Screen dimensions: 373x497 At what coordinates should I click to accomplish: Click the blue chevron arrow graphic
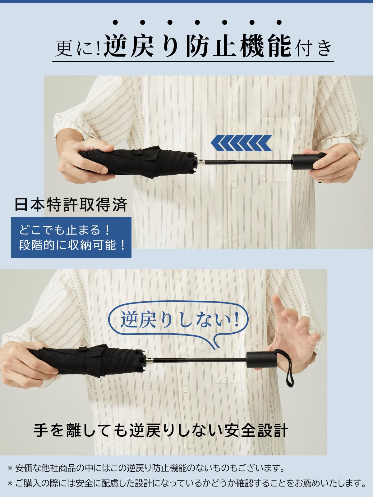click(x=241, y=143)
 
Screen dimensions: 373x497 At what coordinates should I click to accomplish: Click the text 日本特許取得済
click(x=71, y=205)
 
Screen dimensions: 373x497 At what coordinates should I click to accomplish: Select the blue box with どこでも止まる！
click(x=71, y=238)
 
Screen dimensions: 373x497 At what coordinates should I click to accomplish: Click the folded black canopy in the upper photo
click(x=138, y=162)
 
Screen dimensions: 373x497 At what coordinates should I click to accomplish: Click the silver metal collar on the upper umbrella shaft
click(x=201, y=162)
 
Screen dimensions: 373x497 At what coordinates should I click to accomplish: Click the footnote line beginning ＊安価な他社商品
click(x=146, y=468)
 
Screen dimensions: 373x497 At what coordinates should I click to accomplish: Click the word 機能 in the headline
click(x=266, y=46)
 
